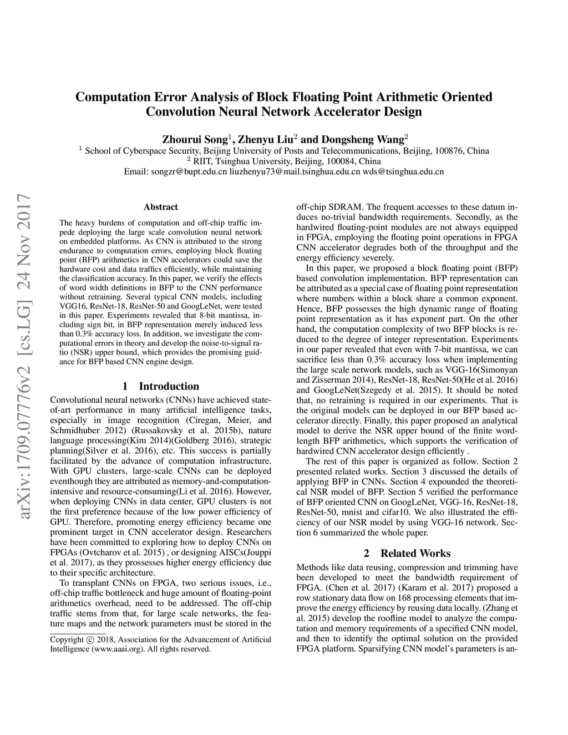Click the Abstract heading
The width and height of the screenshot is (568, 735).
point(160,207)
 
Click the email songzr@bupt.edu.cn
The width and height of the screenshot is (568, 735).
point(189,172)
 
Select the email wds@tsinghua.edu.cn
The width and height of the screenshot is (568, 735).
point(404,172)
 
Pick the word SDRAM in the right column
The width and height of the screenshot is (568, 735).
point(338,207)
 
